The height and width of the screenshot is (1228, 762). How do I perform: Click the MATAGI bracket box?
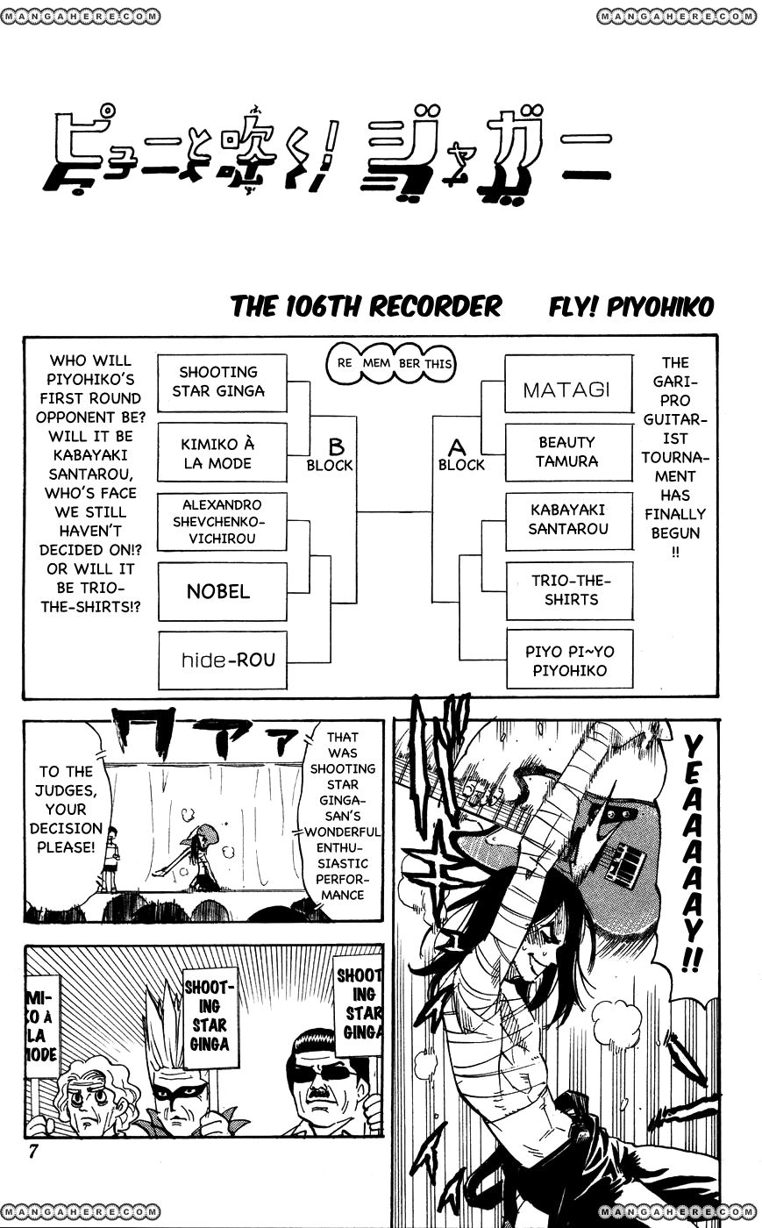568,383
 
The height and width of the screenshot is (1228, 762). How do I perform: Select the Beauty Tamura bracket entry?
568,452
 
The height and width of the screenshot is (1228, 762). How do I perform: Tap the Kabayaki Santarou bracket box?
568,520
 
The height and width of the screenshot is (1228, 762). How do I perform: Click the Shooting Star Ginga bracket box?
222,382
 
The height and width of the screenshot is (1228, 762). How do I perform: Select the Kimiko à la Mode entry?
222,452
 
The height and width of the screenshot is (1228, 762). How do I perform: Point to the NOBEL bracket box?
222,591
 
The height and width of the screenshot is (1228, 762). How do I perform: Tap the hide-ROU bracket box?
222,660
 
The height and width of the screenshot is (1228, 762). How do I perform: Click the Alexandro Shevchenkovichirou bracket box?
222,521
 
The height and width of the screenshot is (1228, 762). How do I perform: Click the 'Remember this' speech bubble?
395,362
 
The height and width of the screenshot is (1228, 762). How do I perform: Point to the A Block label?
460,456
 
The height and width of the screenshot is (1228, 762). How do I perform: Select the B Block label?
331,456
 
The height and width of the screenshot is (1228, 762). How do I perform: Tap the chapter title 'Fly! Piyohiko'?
631,307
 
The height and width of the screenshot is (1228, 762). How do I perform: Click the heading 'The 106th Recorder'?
366,307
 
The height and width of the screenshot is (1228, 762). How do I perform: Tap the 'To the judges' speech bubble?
66,809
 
